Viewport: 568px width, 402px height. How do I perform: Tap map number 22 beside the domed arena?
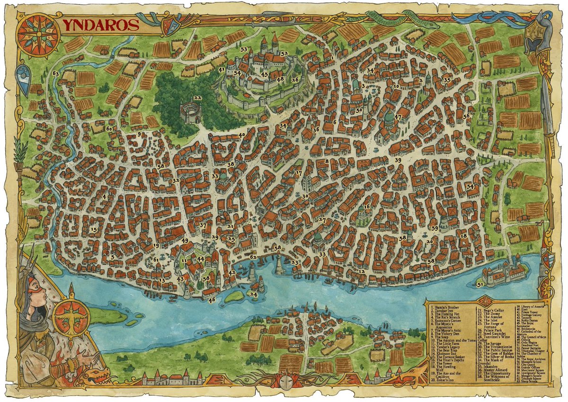tap(197, 98)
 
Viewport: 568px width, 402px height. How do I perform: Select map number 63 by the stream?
tap(56, 74)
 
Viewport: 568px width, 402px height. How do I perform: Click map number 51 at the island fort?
tap(480, 284)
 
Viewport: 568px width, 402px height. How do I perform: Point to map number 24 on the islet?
tap(254, 294)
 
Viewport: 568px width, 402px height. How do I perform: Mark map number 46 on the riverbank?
tap(212, 299)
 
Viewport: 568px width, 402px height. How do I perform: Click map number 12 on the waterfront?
tap(362, 271)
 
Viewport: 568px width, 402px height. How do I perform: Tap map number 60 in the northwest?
tap(109, 128)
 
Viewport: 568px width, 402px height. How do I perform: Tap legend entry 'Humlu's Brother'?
tap(445, 308)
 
